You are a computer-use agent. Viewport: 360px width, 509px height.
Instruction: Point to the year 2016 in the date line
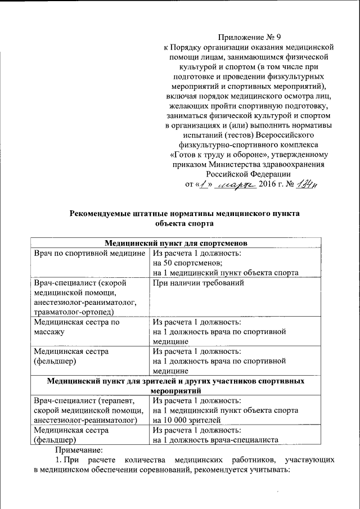point(270,185)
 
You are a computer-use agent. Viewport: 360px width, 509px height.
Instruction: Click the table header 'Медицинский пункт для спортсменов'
point(177,243)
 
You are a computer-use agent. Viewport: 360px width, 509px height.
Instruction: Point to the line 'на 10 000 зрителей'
point(187,420)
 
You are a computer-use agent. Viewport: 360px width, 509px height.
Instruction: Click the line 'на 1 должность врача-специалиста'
point(217,440)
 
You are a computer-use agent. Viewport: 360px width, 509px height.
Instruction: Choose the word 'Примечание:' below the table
point(79,451)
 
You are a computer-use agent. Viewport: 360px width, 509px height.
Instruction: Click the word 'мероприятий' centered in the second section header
point(177,390)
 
